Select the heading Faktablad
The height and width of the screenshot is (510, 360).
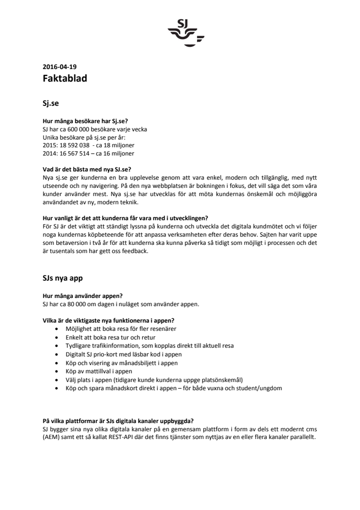tap(65, 79)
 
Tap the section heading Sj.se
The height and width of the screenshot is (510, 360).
tap(51, 103)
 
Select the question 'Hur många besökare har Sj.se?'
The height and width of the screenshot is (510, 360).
tap(85, 121)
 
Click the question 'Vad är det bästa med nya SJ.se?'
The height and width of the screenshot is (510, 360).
tap(87, 170)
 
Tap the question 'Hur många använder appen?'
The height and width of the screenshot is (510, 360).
tap(80, 296)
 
